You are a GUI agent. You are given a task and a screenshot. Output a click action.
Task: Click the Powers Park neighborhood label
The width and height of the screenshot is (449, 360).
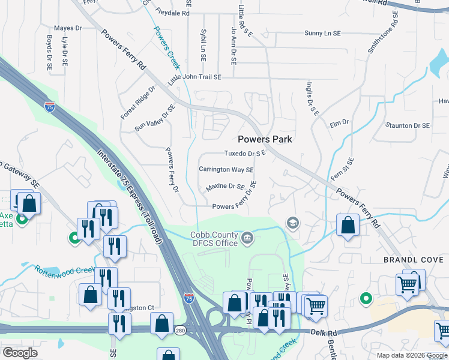click(265, 139)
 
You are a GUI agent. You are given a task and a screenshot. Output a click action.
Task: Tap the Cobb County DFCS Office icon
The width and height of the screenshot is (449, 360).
click(247, 239)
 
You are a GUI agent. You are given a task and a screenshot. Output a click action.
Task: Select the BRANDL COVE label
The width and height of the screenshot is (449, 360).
click(414, 260)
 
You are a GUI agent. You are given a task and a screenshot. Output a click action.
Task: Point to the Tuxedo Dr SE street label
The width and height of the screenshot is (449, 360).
click(245, 154)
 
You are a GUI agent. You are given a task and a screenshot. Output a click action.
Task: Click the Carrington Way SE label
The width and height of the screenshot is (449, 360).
click(226, 170)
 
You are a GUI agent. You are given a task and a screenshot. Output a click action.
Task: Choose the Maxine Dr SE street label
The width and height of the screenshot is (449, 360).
click(225, 187)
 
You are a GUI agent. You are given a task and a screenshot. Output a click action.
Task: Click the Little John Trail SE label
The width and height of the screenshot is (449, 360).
click(194, 78)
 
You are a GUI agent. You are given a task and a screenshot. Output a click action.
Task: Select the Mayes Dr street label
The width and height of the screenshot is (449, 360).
click(68, 28)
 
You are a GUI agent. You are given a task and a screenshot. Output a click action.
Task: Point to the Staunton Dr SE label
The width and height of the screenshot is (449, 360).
click(408, 125)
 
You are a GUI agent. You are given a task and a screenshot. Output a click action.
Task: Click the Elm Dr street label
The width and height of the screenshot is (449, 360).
click(339, 124)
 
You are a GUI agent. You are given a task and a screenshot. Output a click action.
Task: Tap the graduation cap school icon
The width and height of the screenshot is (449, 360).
click(292, 223)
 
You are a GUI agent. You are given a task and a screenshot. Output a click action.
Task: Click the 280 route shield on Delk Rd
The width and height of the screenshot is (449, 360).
click(180, 330)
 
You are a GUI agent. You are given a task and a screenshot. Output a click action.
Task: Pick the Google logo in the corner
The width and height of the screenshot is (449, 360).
click(20, 353)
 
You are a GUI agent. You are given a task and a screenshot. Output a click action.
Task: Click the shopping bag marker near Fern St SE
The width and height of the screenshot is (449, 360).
click(348, 226)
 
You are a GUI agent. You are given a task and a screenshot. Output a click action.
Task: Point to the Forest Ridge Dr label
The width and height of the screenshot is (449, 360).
click(137, 102)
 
